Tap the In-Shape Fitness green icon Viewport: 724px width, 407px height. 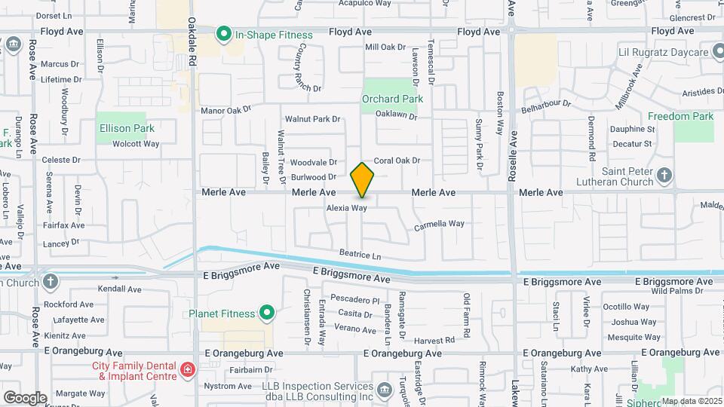click(223, 34)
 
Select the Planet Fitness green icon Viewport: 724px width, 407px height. click(266, 312)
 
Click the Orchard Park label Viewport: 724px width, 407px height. click(392, 99)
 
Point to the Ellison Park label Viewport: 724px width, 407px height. click(127, 129)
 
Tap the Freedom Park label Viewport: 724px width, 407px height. click(681, 117)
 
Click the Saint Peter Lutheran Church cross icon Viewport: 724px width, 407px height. click(664, 176)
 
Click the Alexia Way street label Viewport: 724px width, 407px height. click(347, 207)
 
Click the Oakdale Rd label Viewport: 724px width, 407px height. click(193, 41)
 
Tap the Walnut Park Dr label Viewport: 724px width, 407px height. click(313, 119)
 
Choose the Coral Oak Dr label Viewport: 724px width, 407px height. click(397, 161)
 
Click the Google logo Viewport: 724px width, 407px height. click(24, 398)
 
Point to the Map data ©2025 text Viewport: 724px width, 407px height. click(692, 401)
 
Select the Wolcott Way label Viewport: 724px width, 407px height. click(136, 144)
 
